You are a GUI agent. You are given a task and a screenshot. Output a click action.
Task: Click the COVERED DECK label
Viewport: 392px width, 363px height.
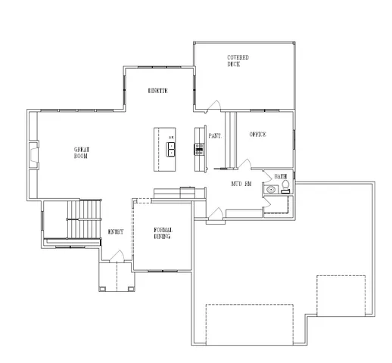pyautogui.click(x=238, y=60)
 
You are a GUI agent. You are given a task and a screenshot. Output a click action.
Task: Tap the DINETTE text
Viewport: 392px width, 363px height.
pyautogui.click(x=157, y=91)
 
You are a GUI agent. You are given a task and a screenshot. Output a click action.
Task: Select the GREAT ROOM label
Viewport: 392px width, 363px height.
pyautogui.click(x=82, y=153)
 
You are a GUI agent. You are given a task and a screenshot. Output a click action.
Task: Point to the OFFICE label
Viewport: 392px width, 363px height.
pyautogui.click(x=259, y=135)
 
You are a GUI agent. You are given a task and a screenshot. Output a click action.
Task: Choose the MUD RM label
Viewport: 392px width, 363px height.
pyautogui.click(x=241, y=184)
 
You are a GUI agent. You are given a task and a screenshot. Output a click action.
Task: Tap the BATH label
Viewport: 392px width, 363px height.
pyautogui.click(x=280, y=175)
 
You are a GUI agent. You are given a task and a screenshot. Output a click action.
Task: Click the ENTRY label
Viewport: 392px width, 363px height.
pyautogui.click(x=116, y=232)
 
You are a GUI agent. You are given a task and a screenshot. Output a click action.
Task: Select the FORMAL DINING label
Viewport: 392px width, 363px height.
pyautogui.click(x=162, y=233)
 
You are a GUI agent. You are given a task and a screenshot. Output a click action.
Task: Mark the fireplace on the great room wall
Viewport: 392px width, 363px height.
pyautogui.click(x=33, y=155)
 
